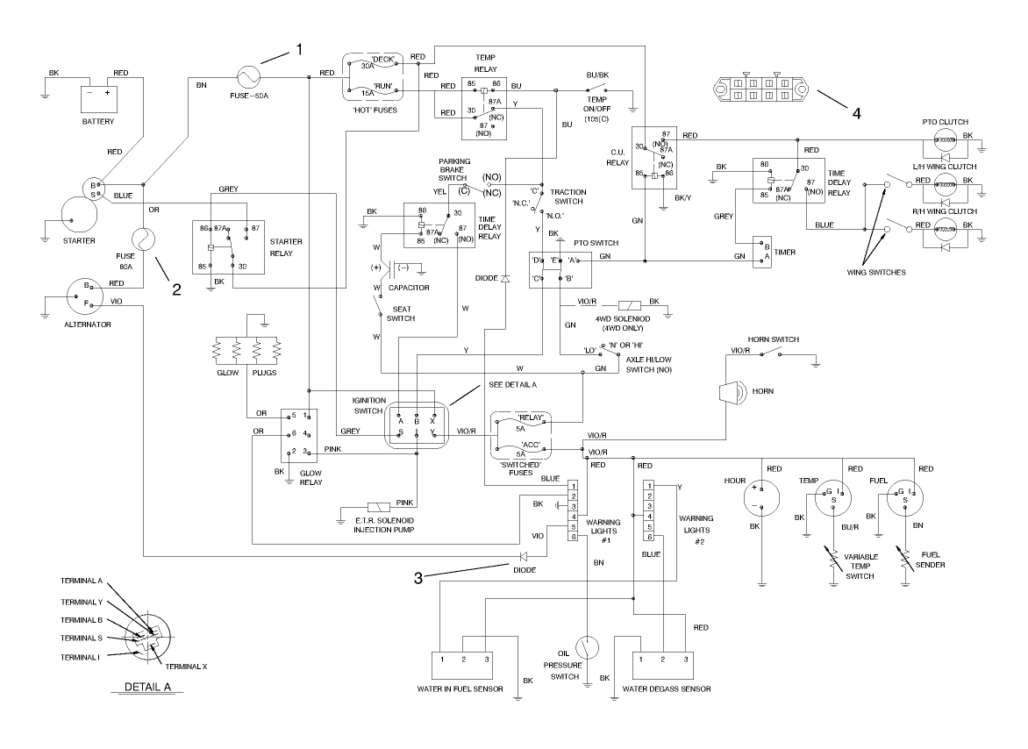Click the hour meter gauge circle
pyautogui.click(x=761, y=499)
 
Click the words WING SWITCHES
pyautogui.click(x=877, y=272)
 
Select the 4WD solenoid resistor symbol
pyautogui.click(x=632, y=302)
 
